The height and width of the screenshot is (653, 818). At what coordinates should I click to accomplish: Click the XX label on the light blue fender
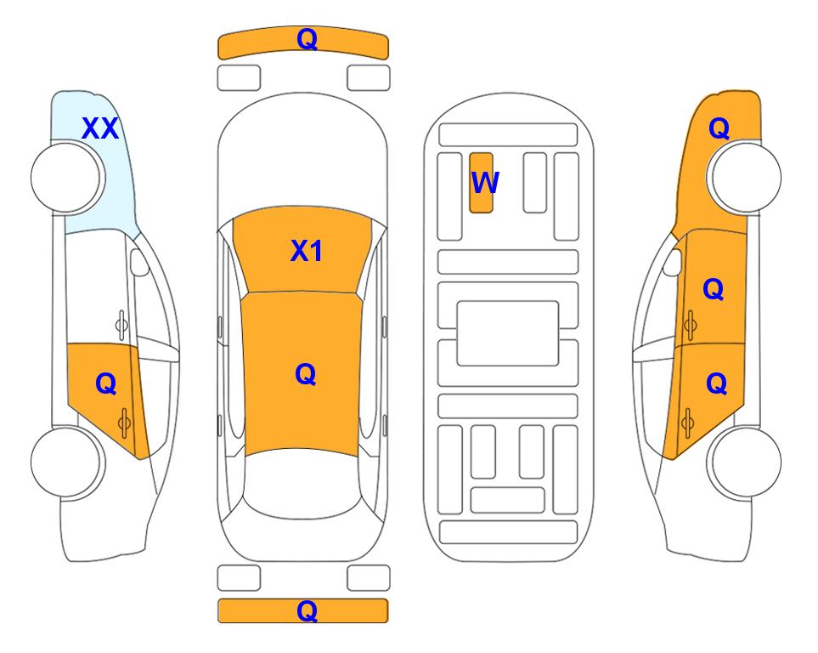click(100, 128)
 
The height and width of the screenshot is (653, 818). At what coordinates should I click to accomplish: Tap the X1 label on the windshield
click(307, 251)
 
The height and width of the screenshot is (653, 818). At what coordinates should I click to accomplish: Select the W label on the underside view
click(485, 183)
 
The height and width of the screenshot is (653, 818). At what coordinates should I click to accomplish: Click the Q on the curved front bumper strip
click(307, 39)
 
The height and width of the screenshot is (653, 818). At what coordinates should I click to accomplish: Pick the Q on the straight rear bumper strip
click(307, 610)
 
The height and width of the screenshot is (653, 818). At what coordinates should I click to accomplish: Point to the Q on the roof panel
click(305, 374)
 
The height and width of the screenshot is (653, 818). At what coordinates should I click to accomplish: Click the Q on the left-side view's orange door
click(105, 384)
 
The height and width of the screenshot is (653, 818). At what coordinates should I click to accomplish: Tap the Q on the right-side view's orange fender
click(719, 128)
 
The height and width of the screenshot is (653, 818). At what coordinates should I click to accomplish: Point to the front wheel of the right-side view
click(746, 178)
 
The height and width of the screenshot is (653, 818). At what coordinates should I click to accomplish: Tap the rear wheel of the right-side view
click(746, 463)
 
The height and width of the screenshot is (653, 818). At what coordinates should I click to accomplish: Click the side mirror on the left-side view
click(139, 262)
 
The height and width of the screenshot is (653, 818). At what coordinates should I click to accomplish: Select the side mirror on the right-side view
click(673, 262)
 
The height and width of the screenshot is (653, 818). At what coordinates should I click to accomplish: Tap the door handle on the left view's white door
click(121, 326)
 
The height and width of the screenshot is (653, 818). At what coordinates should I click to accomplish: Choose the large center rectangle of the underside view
click(508, 333)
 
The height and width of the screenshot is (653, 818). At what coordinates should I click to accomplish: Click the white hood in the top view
click(302, 156)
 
